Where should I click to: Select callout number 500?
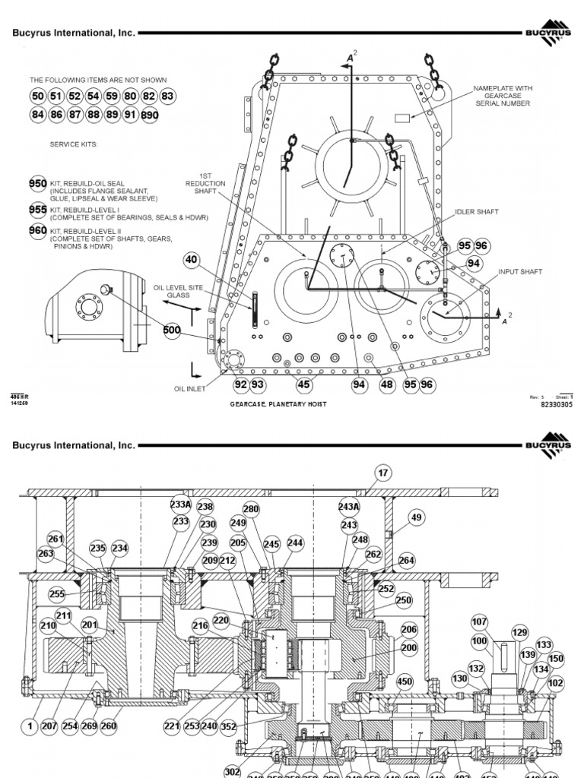173,330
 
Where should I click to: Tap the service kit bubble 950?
38,185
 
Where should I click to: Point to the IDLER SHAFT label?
476,212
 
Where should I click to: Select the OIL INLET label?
190,388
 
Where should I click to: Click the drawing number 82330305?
556,405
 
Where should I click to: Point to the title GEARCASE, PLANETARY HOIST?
278,404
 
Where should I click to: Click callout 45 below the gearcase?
304,385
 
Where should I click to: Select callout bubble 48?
387,385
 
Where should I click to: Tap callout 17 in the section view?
382,473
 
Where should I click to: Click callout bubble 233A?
180,504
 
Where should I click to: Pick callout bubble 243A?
349,507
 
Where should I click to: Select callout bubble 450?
404,682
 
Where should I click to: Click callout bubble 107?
479,621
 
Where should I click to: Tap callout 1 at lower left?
30,726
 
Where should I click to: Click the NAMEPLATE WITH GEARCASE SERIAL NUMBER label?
503,96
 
